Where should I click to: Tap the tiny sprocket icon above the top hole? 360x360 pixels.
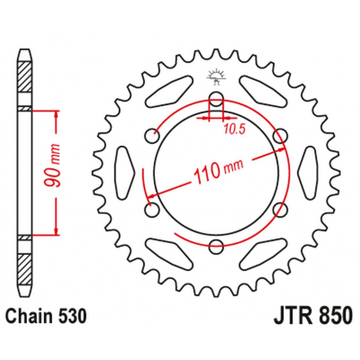point(215,77)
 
